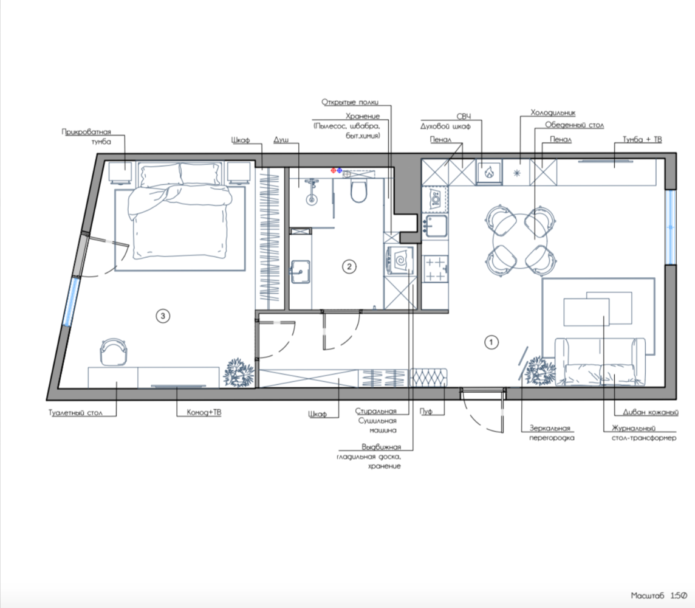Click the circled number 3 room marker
[163, 316]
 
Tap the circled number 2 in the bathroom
[349, 266]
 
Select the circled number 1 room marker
[491, 342]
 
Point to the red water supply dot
[334, 170]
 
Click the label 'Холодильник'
[553, 113]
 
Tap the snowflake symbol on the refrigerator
[517, 173]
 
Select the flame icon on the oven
[489, 172]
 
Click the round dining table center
[521, 240]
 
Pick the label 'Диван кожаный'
[651, 412]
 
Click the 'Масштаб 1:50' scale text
[659, 595]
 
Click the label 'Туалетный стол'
[75, 413]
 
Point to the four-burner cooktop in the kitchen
[434, 269]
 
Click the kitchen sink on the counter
[434, 226]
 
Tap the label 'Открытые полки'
[350, 102]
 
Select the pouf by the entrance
[428, 378]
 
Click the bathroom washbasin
[300, 271]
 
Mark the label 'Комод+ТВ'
[204, 412]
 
